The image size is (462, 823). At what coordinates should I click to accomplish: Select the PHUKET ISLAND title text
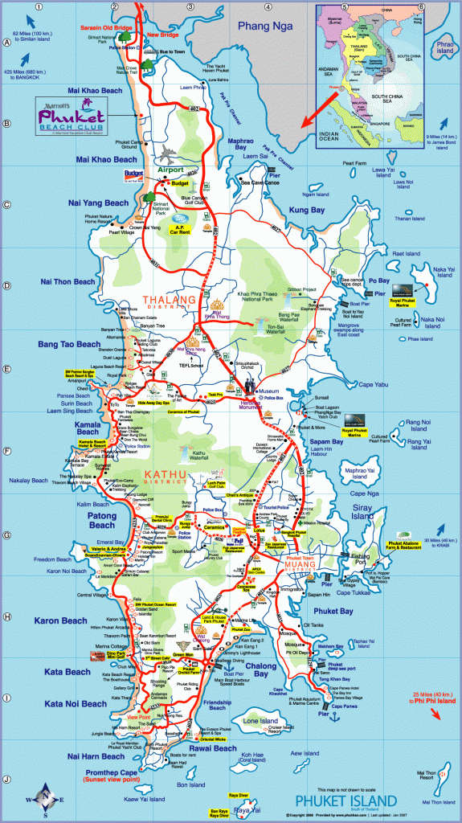click(x=345, y=800)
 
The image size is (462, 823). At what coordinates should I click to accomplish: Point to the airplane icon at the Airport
click(x=167, y=153)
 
